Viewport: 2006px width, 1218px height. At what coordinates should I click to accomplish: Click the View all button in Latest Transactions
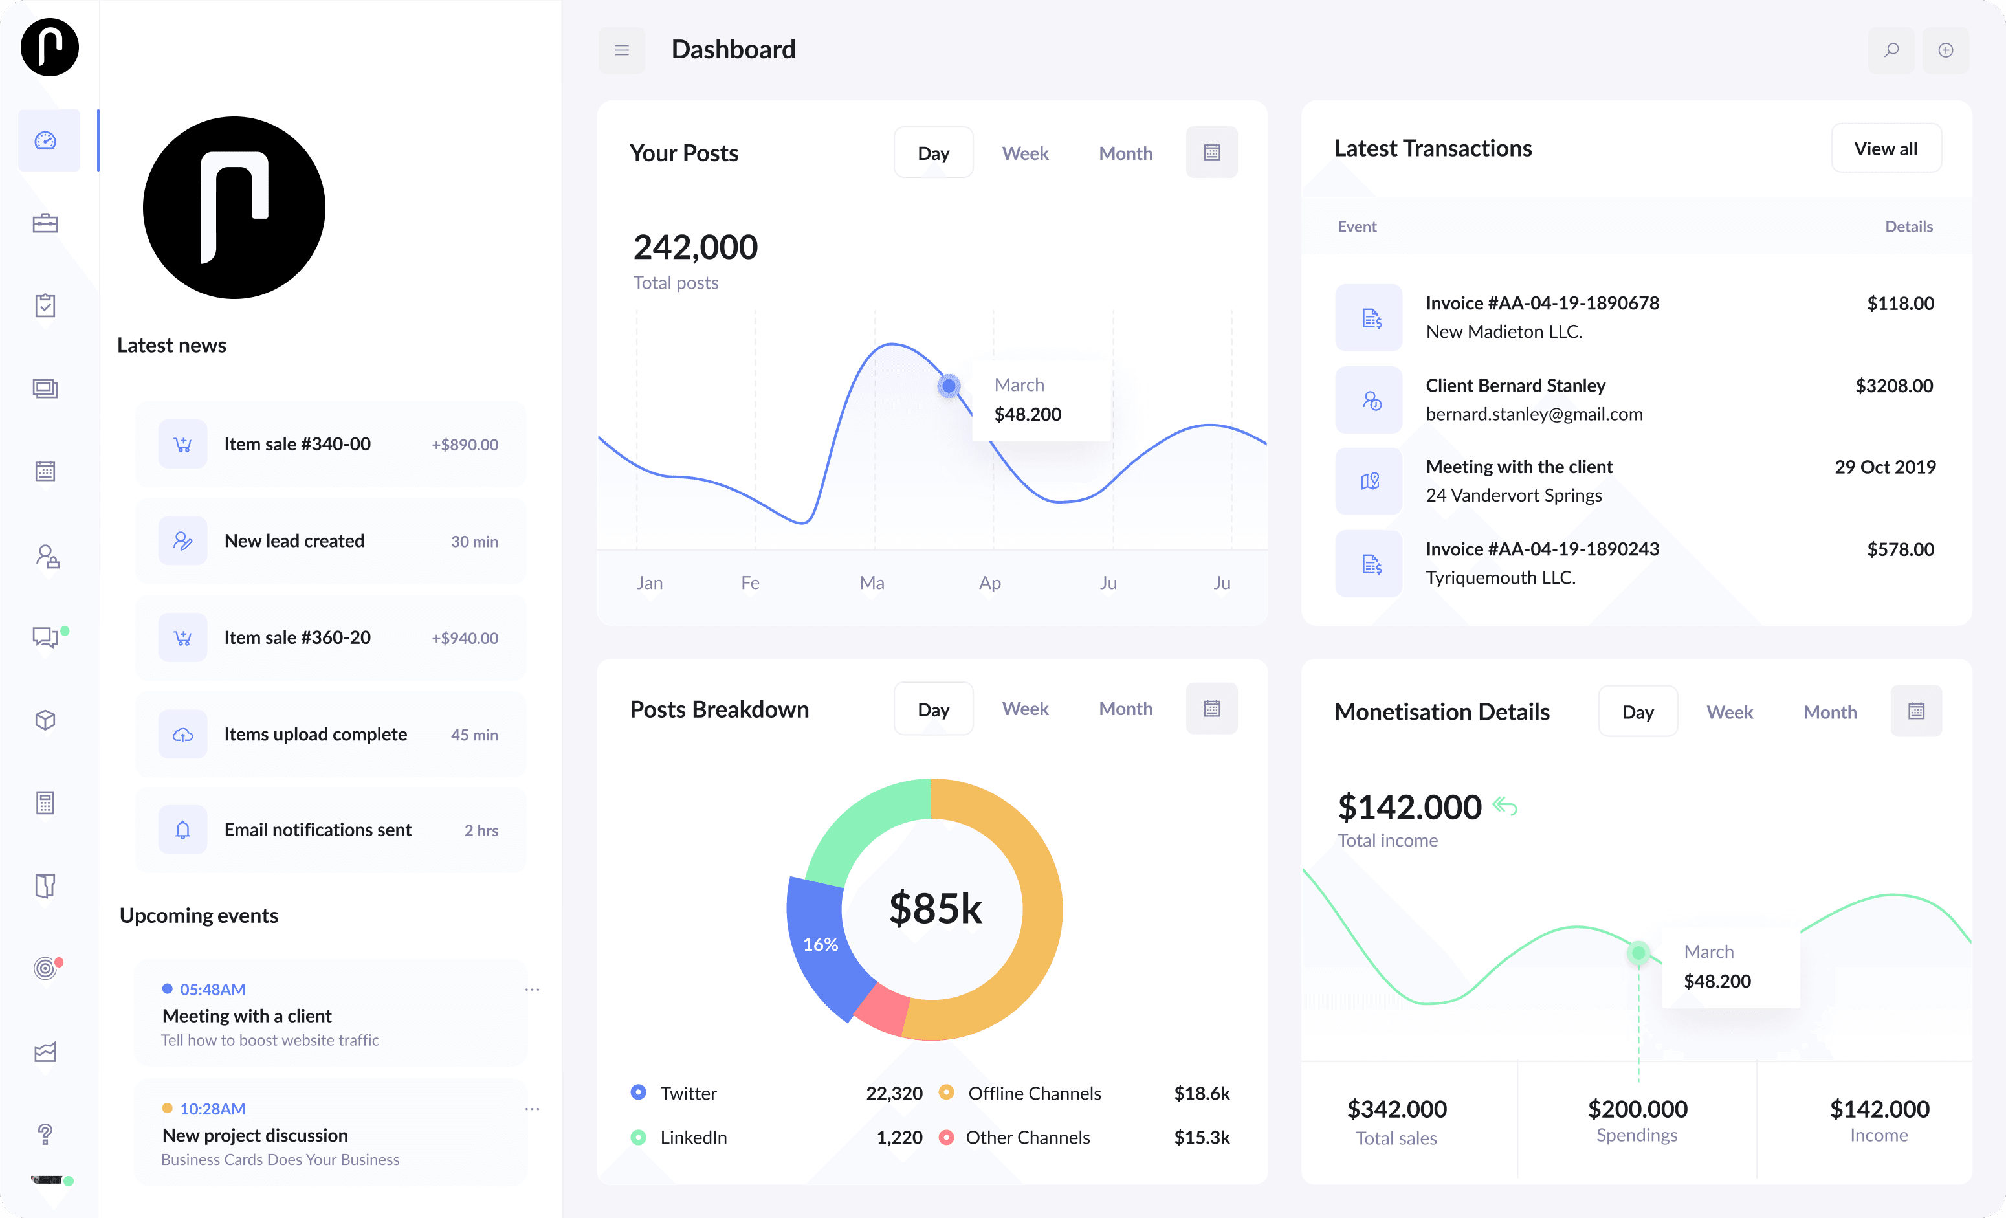click(x=1886, y=148)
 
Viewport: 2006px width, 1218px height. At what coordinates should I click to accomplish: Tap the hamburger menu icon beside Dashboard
click(x=622, y=50)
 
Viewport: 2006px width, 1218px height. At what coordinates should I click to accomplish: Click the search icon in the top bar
click(x=1891, y=50)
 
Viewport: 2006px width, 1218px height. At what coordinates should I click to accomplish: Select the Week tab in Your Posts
click(x=1025, y=153)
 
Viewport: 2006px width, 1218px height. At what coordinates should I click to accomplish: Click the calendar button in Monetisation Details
click(x=1915, y=711)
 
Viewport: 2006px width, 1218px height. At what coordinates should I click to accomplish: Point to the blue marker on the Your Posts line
click(x=949, y=386)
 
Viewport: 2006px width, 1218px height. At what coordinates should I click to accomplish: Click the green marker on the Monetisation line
click(x=1638, y=953)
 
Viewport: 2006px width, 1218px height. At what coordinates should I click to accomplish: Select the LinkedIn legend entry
click(x=693, y=1137)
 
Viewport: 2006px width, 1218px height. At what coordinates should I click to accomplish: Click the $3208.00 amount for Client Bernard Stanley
click(x=1893, y=386)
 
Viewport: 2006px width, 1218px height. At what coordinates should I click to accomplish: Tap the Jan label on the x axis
click(x=649, y=583)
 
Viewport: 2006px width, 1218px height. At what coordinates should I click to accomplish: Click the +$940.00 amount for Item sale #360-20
click(x=465, y=638)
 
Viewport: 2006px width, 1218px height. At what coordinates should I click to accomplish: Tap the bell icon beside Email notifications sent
click(x=182, y=830)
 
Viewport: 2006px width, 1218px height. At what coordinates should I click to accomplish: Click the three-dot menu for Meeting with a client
click(x=533, y=989)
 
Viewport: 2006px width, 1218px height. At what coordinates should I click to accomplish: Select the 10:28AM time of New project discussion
click(x=212, y=1109)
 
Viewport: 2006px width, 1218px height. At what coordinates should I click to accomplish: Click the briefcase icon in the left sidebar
click(x=45, y=223)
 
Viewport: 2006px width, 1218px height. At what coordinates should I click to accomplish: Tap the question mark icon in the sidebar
click(x=45, y=1133)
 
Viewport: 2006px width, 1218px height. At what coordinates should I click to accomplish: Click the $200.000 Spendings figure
click(x=1637, y=1109)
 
